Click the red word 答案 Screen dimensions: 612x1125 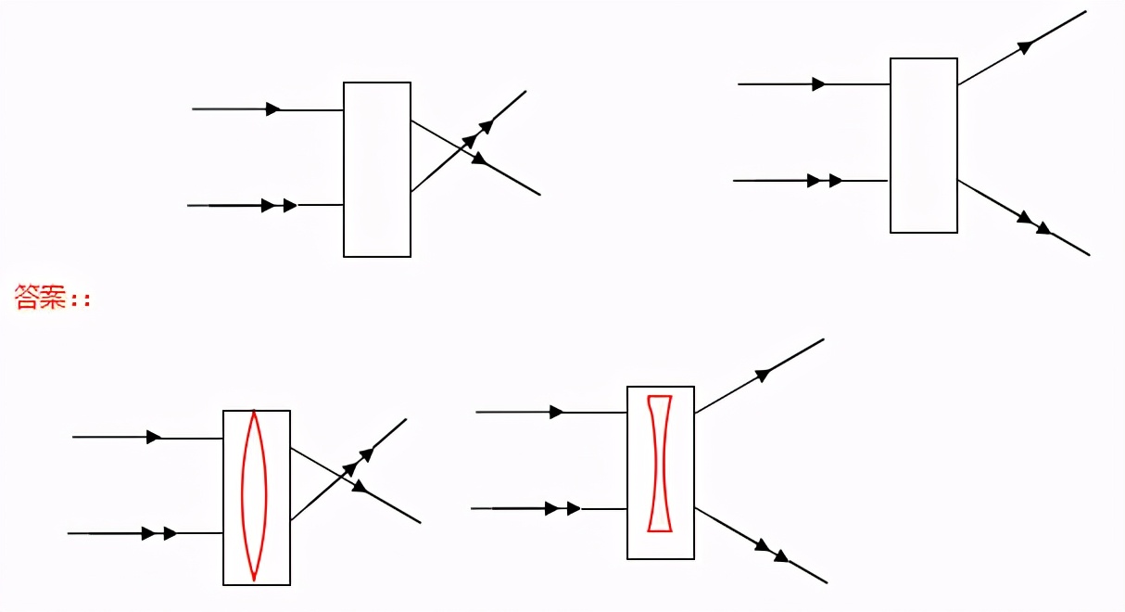[x=40, y=297]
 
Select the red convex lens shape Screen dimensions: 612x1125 [x=255, y=495]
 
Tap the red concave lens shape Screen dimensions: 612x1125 [x=660, y=464]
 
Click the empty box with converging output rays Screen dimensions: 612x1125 [x=377, y=170]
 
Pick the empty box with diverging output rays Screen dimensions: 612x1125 [x=923, y=146]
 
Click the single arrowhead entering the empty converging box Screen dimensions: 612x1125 [x=272, y=109]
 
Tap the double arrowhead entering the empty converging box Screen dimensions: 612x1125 [x=279, y=205]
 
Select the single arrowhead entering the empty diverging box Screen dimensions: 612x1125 [x=818, y=84]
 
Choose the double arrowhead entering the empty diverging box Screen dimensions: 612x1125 [x=825, y=180]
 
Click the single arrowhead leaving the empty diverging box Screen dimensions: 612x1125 [x=1025, y=46]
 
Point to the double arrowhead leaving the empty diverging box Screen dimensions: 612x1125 [x=1033, y=223]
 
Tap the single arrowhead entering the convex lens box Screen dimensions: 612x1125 [x=154, y=437]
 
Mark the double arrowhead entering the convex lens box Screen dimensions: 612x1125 [x=159, y=533]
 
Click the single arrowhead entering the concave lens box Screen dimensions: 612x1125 [x=556, y=412]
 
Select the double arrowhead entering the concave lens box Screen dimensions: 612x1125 [x=562, y=508]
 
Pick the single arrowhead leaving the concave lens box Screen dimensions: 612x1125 [x=763, y=375]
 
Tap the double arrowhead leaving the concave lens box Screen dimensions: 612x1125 [x=772, y=551]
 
